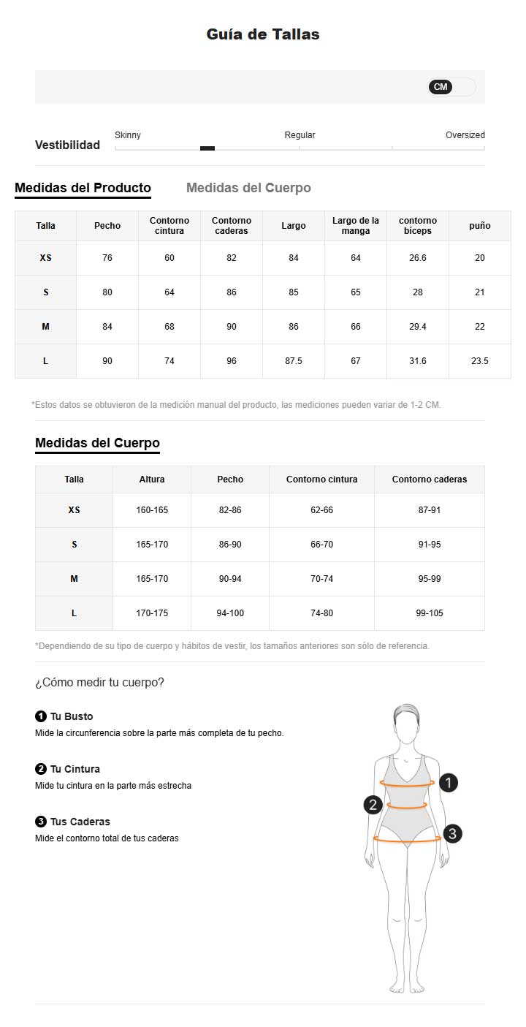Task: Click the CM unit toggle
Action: tap(441, 87)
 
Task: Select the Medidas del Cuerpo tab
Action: tap(248, 188)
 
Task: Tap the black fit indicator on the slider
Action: tap(207, 148)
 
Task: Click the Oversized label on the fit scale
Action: tap(465, 135)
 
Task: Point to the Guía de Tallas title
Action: tap(263, 34)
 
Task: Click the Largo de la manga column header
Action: tap(356, 226)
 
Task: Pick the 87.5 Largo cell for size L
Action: tap(294, 361)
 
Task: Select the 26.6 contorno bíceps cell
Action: tap(418, 258)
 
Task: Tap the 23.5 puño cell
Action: tap(480, 361)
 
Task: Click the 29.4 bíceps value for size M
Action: tap(418, 327)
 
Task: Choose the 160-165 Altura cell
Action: tap(152, 510)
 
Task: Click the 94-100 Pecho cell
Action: tap(230, 613)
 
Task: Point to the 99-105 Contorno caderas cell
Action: tap(430, 613)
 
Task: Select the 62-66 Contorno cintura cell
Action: tap(321, 510)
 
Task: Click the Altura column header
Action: tap(152, 480)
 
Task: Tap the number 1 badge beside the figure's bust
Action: tap(448, 783)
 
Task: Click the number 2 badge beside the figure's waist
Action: tap(373, 805)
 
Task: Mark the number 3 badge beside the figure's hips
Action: tap(452, 833)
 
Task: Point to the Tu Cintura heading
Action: tap(75, 769)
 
